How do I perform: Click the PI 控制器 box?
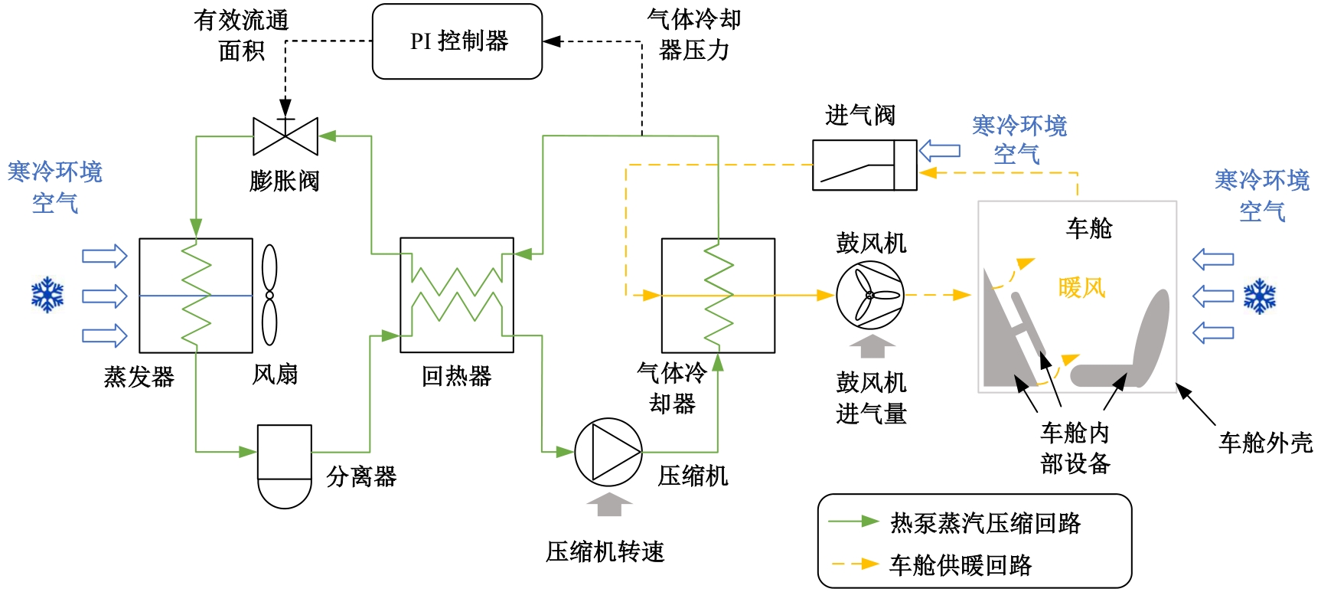458,41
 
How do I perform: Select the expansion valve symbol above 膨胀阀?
285,136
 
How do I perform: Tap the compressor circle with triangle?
608,452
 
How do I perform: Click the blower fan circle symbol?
869,295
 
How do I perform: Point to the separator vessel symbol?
285,466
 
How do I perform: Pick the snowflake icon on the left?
47,296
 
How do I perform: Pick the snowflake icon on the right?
1260,296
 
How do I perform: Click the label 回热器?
457,376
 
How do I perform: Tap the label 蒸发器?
139,377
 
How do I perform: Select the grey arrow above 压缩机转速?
609,505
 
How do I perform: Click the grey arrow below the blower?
873,346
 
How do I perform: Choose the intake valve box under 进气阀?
864,165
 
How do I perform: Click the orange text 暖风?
1081,288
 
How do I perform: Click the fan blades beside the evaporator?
269,295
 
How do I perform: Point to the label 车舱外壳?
1265,443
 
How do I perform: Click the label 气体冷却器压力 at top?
694,35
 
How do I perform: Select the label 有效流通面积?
241,35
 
